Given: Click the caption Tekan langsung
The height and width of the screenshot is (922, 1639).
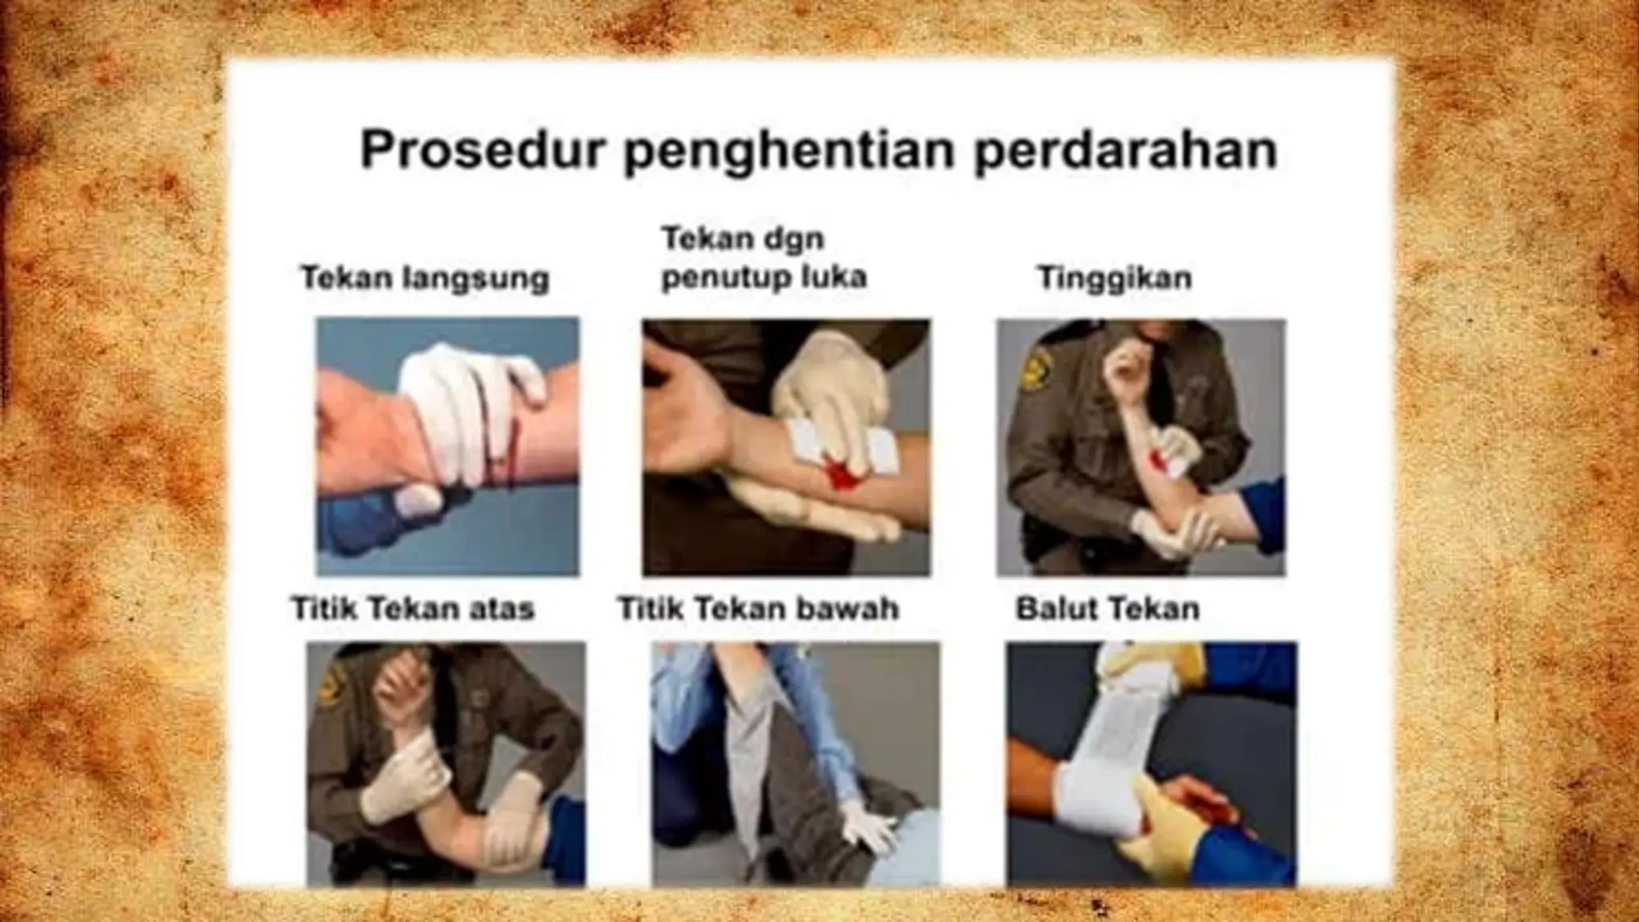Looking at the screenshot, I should click(424, 279).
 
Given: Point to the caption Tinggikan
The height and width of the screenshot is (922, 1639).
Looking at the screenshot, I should click(1114, 279).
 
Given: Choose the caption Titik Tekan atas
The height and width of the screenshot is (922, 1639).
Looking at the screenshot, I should click(412, 609).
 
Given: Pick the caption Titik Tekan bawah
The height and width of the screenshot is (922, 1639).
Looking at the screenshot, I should click(759, 609).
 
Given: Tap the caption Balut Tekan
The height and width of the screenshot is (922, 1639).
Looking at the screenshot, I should click(1108, 609).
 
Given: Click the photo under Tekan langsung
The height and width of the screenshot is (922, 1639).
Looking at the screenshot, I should click(447, 446).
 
